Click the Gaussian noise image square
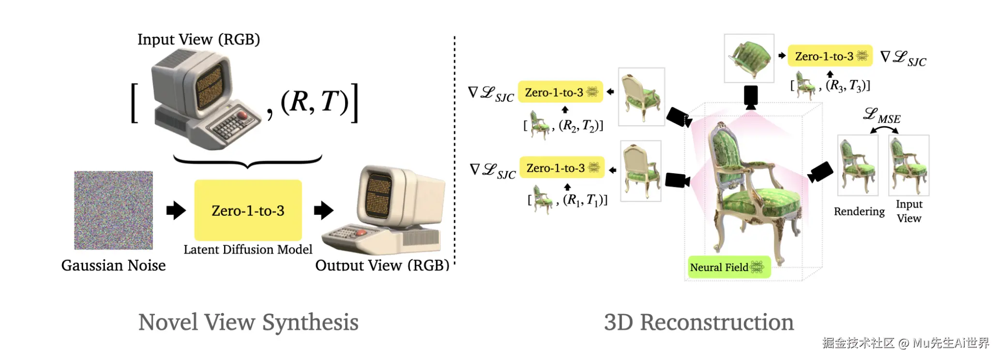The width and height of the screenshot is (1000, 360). pos(113,210)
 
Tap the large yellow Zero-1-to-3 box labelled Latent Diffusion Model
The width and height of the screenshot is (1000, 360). pos(248,210)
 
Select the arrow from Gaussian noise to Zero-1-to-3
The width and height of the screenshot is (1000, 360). pos(176,210)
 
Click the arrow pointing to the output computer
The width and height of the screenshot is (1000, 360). pos(323,210)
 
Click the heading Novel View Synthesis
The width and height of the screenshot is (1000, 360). pos(248,322)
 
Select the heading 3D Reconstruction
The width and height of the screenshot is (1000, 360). pos(698,322)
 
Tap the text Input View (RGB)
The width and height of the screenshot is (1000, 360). pos(198,39)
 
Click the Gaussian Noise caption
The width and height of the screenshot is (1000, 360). pos(113,265)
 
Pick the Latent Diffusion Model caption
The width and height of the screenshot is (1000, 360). pos(248,249)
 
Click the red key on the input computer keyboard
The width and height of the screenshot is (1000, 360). pos(242,115)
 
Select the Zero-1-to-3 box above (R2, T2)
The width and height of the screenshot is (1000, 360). pos(561,92)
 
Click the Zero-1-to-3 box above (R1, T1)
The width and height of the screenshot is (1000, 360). pos(562,167)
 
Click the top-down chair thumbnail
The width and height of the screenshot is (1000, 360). pos(749,58)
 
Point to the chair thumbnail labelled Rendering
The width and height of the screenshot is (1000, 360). pos(858,165)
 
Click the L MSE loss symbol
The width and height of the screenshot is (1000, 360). pos(882,116)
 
